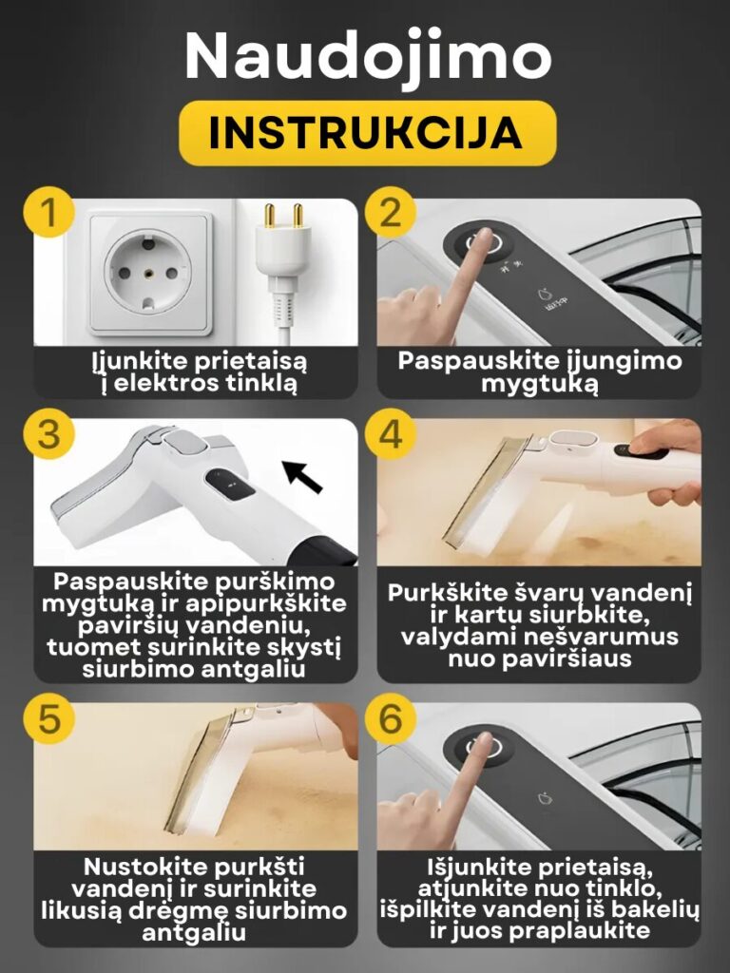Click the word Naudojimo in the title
point(368,56)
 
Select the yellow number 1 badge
point(49,212)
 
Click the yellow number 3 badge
point(49,433)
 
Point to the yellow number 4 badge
point(390,433)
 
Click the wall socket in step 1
point(148,273)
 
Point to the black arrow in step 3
point(302,476)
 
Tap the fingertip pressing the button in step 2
point(480,238)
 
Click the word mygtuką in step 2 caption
point(540,384)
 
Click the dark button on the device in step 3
point(230,484)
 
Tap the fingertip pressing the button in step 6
point(480,742)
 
